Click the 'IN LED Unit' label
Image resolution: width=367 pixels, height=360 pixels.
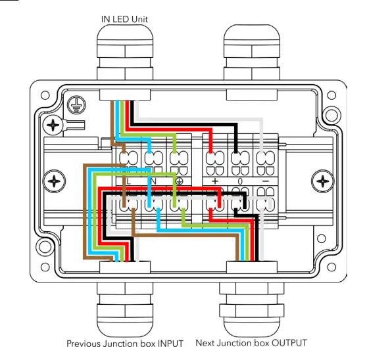click(x=124, y=19)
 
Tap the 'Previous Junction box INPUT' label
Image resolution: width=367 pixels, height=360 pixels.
click(x=125, y=344)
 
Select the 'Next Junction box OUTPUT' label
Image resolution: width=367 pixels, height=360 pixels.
click(x=251, y=343)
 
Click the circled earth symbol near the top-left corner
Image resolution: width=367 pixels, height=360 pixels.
click(x=76, y=105)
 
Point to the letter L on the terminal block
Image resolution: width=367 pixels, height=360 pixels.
click(x=128, y=181)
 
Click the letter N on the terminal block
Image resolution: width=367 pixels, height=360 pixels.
click(x=153, y=181)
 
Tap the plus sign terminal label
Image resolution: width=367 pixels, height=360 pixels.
click(x=215, y=181)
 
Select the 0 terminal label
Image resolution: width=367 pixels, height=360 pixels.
click(x=240, y=181)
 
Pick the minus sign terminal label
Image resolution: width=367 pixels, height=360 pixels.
click(x=266, y=181)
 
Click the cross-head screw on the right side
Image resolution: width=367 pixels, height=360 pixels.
click(x=323, y=181)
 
